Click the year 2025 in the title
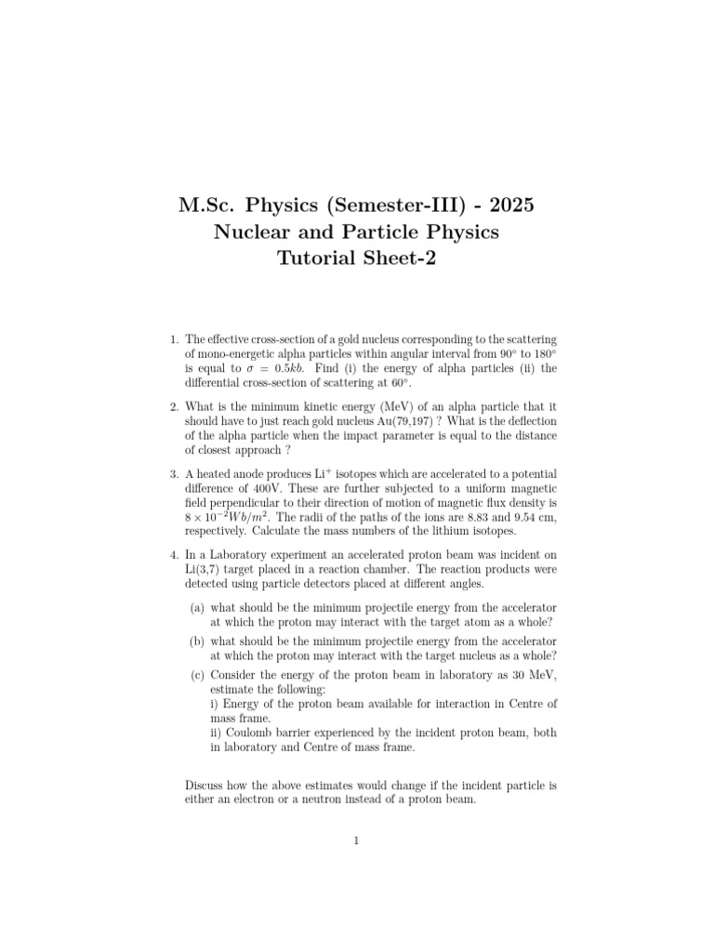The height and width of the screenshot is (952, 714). pyautogui.click(x=509, y=203)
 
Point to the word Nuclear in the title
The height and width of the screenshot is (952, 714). pyautogui.click(x=253, y=231)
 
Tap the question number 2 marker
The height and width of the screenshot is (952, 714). pyautogui.click(x=174, y=406)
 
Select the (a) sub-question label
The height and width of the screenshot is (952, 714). pyautogui.click(x=197, y=607)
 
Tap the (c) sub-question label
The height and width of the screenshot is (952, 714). pyautogui.click(x=197, y=674)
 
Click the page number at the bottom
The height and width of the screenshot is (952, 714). pyautogui.click(x=356, y=841)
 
